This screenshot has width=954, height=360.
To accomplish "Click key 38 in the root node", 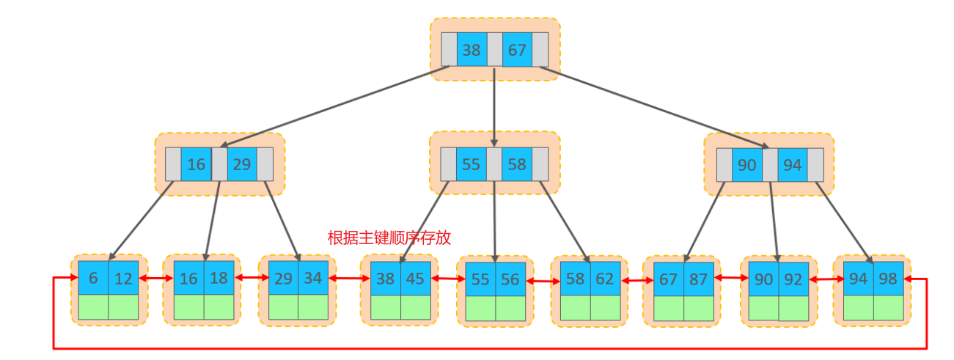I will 472,50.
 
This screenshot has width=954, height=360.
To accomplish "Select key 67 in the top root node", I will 517,50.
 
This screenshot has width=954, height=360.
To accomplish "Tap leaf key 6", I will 93,278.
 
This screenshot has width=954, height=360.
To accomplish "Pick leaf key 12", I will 123,278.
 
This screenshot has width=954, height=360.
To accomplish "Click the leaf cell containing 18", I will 219,279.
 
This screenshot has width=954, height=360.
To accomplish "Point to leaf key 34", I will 313,279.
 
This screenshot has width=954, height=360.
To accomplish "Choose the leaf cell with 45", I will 415,279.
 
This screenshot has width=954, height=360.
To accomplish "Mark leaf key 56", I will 510,279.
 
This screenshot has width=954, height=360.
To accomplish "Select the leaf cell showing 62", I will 605,279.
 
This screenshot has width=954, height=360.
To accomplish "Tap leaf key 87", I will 698,279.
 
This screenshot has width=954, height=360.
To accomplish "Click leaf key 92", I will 794,279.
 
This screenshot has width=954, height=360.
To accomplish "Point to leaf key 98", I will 888,279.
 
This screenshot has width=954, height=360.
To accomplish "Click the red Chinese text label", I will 389,238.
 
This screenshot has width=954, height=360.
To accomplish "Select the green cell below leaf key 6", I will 93,306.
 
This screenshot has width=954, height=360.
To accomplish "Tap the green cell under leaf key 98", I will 888,307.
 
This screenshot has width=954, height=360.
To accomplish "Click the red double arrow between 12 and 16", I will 155,279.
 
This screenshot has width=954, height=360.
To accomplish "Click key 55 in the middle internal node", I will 471,164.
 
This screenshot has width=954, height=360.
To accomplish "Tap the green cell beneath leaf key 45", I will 415,307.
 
